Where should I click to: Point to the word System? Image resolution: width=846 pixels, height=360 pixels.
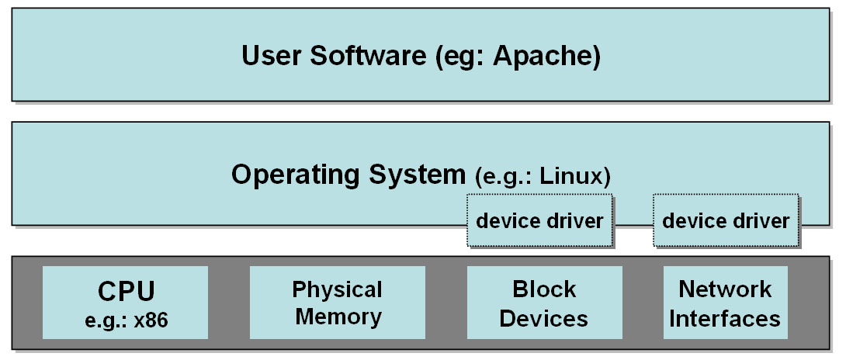[x=417, y=175]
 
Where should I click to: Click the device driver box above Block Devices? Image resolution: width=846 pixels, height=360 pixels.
[x=540, y=220]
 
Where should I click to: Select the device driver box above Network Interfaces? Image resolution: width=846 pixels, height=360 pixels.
[x=726, y=220]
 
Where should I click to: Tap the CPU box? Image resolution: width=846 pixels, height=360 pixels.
[x=125, y=303]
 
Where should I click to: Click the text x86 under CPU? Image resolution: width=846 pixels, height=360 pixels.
[x=151, y=321]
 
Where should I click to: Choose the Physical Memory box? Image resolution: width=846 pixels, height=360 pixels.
[x=338, y=303]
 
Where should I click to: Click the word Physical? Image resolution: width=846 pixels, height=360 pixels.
[x=338, y=290]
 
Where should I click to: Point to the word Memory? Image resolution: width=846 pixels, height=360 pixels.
[x=338, y=317]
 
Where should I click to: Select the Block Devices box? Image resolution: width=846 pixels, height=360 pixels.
[x=544, y=303]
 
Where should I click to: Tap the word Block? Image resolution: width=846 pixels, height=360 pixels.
[x=544, y=290]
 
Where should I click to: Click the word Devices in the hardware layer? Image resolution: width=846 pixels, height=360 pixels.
[x=544, y=318]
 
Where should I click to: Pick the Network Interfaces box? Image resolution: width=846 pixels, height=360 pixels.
[x=725, y=303]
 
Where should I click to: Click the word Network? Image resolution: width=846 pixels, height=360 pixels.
[x=725, y=290]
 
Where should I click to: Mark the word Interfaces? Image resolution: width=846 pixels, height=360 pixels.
[x=725, y=318]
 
